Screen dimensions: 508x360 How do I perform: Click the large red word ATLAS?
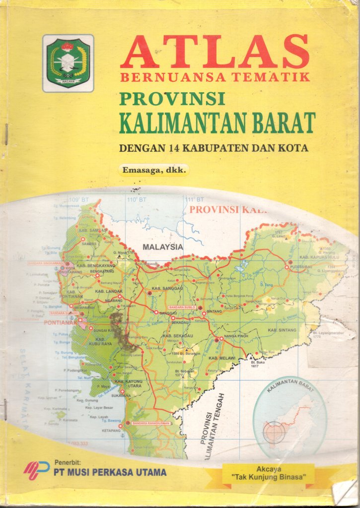tap(215, 53)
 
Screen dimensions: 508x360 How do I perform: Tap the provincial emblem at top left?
tap(68, 63)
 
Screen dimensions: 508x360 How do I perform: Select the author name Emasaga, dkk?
tap(154, 170)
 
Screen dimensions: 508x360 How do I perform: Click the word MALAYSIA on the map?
tap(163, 247)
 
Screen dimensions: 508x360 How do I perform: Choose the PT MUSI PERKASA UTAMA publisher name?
tap(110, 472)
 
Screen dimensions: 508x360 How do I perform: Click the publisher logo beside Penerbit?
tap(37, 469)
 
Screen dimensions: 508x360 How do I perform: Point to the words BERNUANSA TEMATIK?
tap(215, 77)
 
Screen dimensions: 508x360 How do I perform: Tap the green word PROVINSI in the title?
tap(172, 98)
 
